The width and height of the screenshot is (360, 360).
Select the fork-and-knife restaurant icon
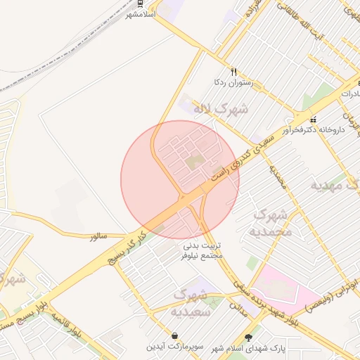click(x=234, y=71)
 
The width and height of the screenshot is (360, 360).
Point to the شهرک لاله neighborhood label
click(x=223, y=109)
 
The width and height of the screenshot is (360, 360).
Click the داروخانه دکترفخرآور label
click(x=311, y=130)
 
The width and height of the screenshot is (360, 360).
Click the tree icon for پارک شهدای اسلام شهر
click(x=247, y=338)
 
